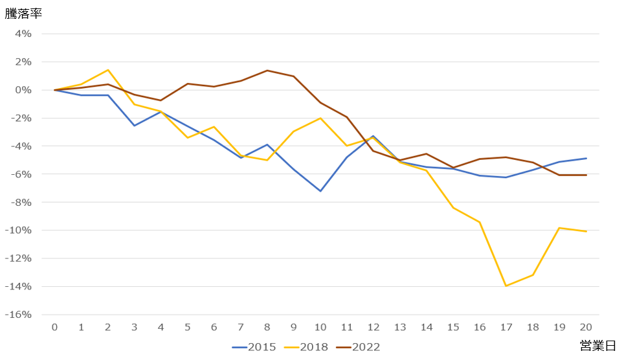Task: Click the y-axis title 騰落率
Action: click(x=23, y=14)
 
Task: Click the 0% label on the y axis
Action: click(x=22, y=90)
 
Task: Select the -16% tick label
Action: click(x=18, y=315)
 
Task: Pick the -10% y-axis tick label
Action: click(x=18, y=231)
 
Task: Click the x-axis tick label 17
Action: click(x=506, y=328)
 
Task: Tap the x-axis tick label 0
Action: click(x=55, y=328)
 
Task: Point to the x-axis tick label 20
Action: click(x=586, y=328)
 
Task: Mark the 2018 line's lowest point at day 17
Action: click(x=506, y=286)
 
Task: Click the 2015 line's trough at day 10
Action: click(x=320, y=191)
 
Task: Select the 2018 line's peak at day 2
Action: click(x=108, y=70)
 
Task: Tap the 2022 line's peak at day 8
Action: click(x=267, y=71)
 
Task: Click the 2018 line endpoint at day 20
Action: click(x=586, y=231)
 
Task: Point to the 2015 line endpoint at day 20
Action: click(x=586, y=159)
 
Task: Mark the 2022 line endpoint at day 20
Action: click(x=586, y=175)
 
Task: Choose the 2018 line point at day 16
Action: click(x=480, y=222)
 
